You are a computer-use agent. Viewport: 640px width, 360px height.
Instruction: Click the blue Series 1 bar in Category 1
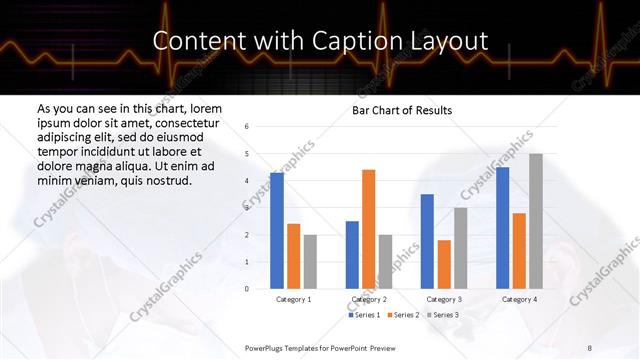pyautogui.click(x=277, y=231)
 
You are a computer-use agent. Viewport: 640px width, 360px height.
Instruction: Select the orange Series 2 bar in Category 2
pyautogui.click(x=368, y=229)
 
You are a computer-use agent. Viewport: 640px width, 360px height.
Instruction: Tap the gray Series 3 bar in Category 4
pyautogui.click(x=536, y=221)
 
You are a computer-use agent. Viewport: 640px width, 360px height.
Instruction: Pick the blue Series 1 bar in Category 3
pyautogui.click(x=427, y=241)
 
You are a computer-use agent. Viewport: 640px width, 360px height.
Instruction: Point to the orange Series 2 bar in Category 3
pyautogui.click(x=444, y=264)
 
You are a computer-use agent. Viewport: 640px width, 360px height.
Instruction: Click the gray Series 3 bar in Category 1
pyautogui.click(x=310, y=261)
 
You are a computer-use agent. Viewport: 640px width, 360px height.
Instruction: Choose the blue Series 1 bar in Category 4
pyautogui.click(x=502, y=228)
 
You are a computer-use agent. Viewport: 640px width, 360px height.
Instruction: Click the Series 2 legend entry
pyautogui.click(x=405, y=315)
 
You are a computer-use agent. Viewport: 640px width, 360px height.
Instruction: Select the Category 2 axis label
pyautogui.click(x=369, y=299)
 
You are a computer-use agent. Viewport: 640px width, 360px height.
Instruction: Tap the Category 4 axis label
pyautogui.click(x=519, y=299)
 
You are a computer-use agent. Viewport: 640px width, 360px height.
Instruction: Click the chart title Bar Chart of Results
pyautogui.click(x=402, y=110)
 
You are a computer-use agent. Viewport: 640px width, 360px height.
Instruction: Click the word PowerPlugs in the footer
pyautogui.click(x=269, y=347)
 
